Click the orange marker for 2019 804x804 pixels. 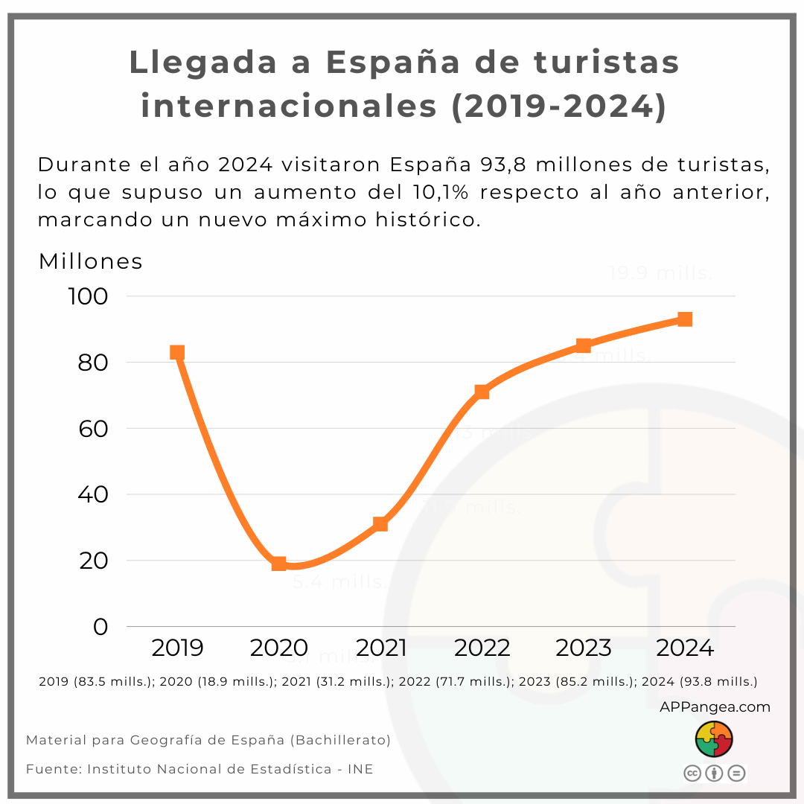177,352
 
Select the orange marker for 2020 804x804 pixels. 278,564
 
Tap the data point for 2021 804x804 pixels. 380,523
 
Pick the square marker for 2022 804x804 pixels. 482,392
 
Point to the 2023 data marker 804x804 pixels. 584,345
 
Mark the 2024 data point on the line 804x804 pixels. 685,319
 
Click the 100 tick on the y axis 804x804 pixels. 89,296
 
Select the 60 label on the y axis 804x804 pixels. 89,429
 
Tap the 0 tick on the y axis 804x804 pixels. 100,627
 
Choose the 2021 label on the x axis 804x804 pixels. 380,648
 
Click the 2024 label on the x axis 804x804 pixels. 685,648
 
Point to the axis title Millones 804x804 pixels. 90,261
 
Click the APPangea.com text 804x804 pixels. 715,706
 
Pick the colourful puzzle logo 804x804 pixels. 714,738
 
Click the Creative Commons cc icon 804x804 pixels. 692,773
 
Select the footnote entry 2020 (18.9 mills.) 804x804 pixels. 217,681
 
